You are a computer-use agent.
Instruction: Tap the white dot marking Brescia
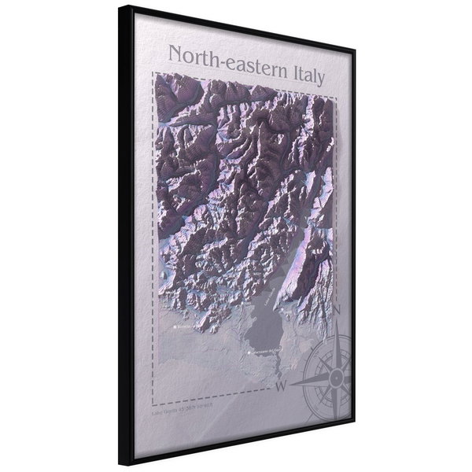pos(175,324)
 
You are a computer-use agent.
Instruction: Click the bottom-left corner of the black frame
pos(120,463)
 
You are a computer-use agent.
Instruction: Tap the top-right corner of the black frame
pos(354,50)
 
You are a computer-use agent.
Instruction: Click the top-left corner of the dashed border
pos(155,73)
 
